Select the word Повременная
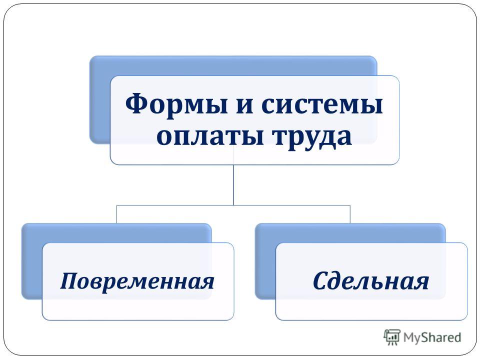click(137, 281)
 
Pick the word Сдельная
click(370, 280)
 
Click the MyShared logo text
click(432, 337)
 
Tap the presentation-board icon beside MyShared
click(392, 337)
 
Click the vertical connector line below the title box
click(233, 185)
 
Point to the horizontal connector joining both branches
click(233, 205)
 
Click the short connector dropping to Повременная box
click(116, 214)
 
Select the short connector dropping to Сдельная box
click(350, 214)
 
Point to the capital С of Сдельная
click(321, 280)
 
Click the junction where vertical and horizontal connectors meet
click(233, 205)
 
